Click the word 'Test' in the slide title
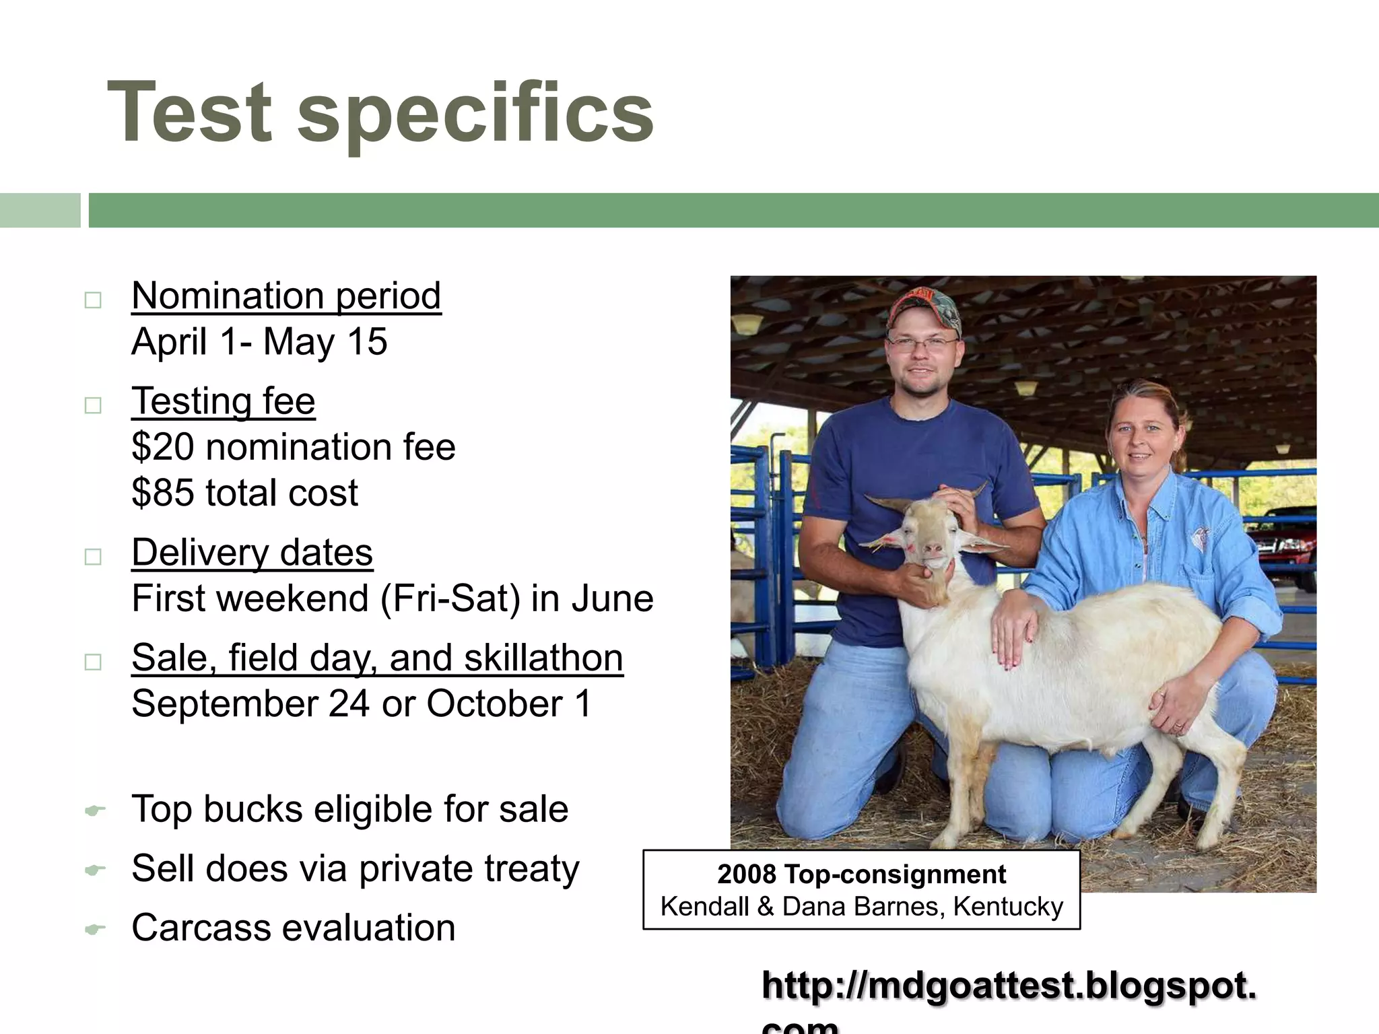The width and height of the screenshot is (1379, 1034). (189, 112)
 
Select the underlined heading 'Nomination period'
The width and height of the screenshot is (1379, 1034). (286, 296)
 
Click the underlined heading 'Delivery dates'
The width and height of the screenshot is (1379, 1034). (252, 553)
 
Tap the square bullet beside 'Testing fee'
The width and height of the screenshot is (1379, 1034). (93, 405)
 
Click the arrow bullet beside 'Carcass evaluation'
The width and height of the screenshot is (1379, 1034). (95, 930)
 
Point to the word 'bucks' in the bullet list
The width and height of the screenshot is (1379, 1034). (253, 808)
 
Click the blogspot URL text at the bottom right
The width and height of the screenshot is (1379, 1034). (1009, 987)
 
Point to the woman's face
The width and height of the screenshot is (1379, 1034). (1143, 438)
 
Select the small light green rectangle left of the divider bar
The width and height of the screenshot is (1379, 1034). (40, 210)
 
